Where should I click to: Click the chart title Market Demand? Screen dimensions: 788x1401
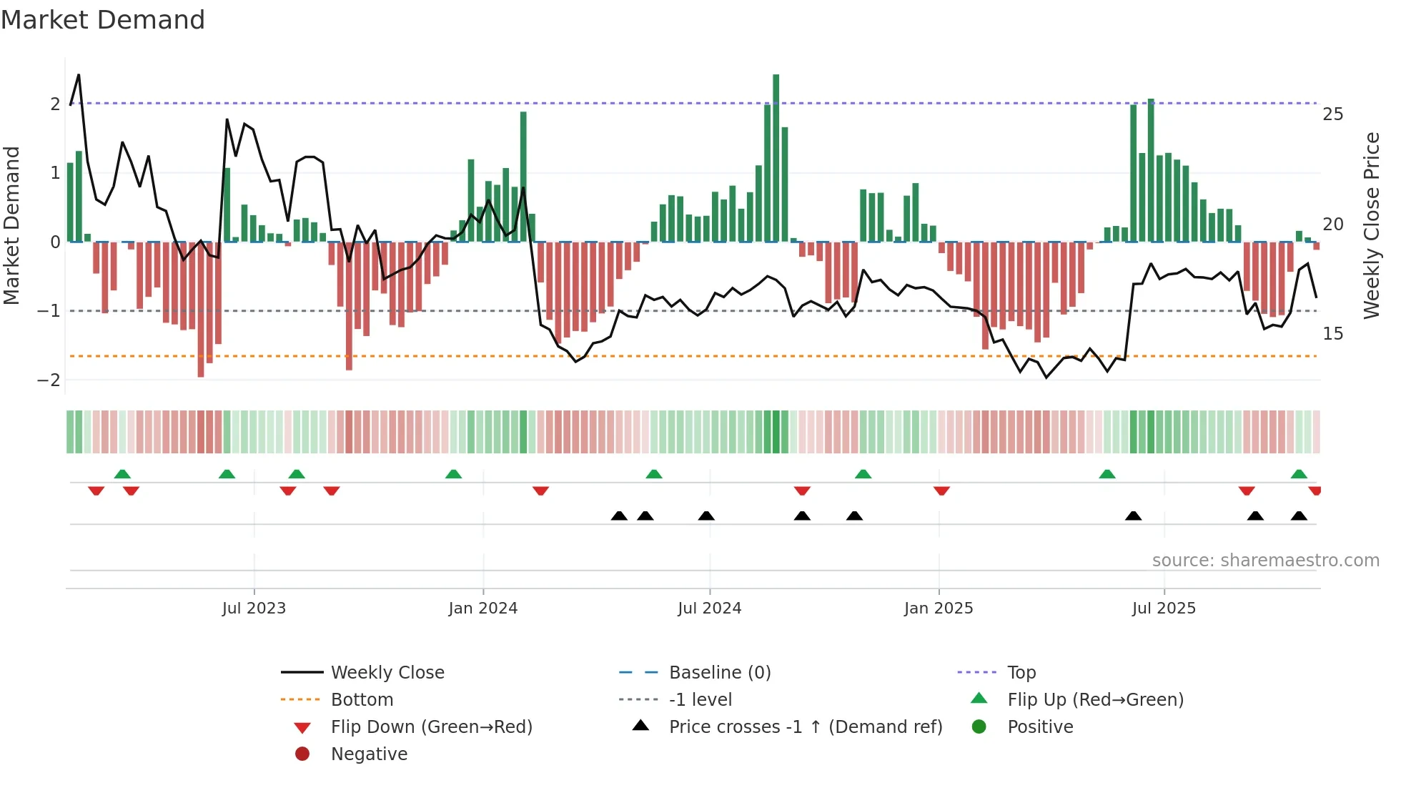[x=103, y=20]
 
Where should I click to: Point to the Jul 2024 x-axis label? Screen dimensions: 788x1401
[x=709, y=609]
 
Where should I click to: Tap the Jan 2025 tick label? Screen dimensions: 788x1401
[x=938, y=609]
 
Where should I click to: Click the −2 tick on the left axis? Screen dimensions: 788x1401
[x=49, y=380]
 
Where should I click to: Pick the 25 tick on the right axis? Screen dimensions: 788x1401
[x=1332, y=114]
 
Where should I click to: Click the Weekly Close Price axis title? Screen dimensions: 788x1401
[x=1371, y=225]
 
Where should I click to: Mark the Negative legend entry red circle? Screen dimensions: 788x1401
[x=302, y=754]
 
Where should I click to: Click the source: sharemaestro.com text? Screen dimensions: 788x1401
[x=1265, y=561]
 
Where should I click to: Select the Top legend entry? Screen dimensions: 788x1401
[x=1021, y=673]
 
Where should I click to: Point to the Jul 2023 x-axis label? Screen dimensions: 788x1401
[x=254, y=609]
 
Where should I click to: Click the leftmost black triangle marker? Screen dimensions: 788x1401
[x=619, y=516]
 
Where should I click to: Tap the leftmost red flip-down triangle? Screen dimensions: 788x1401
[x=96, y=491]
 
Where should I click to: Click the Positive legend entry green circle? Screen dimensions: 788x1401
[x=979, y=727]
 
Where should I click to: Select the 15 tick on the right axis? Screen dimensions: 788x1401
[x=1332, y=334]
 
